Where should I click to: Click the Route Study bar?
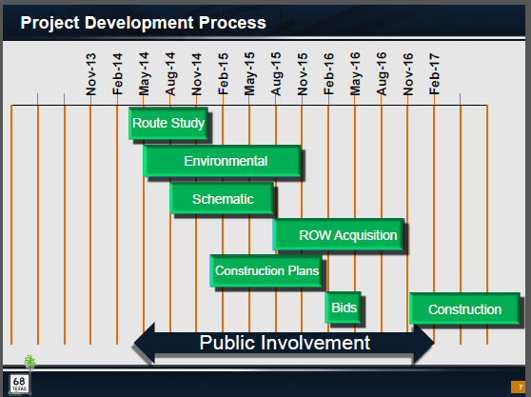pos(168,124)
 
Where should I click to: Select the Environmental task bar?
pos(222,161)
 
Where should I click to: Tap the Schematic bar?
pos(222,199)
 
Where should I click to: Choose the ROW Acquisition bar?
pos(339,235)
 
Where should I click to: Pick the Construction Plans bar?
pos(266,270)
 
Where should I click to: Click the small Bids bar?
pos(344,308)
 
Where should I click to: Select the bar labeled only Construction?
pos(464,308)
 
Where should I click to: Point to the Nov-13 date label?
pos(90,74)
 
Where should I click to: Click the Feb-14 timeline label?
pos(117,74)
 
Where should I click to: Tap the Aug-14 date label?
pos(170,73)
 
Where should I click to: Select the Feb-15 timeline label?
pos(223,74)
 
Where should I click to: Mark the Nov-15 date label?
pos(302,74)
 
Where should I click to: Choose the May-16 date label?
pos(355,73)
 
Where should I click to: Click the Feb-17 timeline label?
pos(434,74)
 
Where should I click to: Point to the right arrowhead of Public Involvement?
pos(424,343)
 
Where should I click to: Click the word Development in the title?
pos(139,23)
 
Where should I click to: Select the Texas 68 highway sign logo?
pos(19,384)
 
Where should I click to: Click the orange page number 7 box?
pos(518,387)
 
